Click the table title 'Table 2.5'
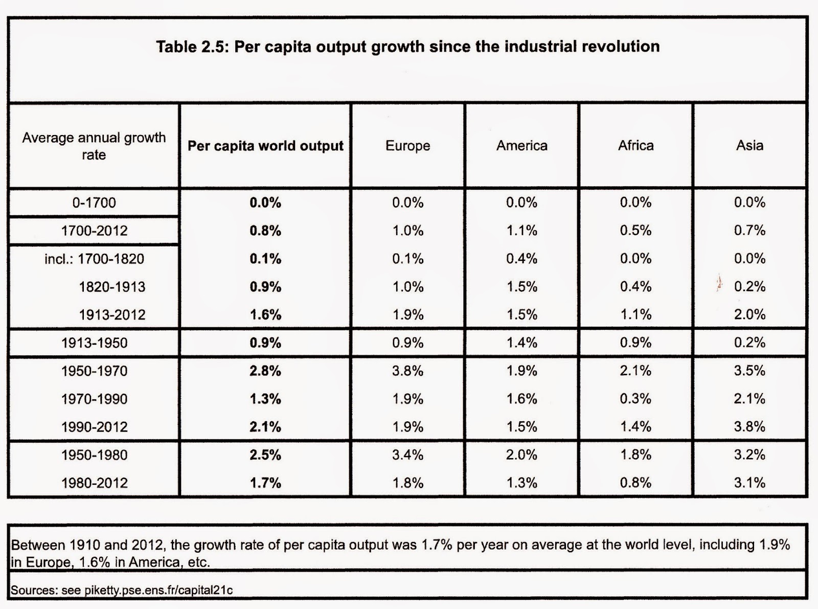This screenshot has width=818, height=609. pos(190,47)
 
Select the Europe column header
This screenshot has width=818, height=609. pos(407,146)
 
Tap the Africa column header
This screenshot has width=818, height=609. pos(636,145)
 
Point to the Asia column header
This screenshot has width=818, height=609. pos(750,145)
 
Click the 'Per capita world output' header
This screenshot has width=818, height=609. pos(265,146)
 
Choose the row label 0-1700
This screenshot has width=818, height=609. pos(94,202)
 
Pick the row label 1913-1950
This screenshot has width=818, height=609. pos(95,343)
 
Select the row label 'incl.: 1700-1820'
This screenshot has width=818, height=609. pos(95,259)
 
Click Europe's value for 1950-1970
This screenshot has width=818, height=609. pos(407,371)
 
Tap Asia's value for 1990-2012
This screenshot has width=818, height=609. pos(750,427)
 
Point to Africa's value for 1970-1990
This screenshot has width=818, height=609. pos(636,399)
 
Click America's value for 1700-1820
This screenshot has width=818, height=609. pos(522,259)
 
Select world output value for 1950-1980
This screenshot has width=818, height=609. pos(265,455)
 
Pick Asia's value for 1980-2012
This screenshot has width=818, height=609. pos(750,483)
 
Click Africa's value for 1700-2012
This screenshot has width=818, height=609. pos(636,231)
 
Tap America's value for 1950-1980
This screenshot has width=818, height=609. pos(522,455)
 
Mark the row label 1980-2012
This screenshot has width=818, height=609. pos(95,483)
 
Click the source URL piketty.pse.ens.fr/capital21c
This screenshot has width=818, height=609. pos(158,591)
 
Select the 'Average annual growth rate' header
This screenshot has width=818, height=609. pos(94,146)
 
